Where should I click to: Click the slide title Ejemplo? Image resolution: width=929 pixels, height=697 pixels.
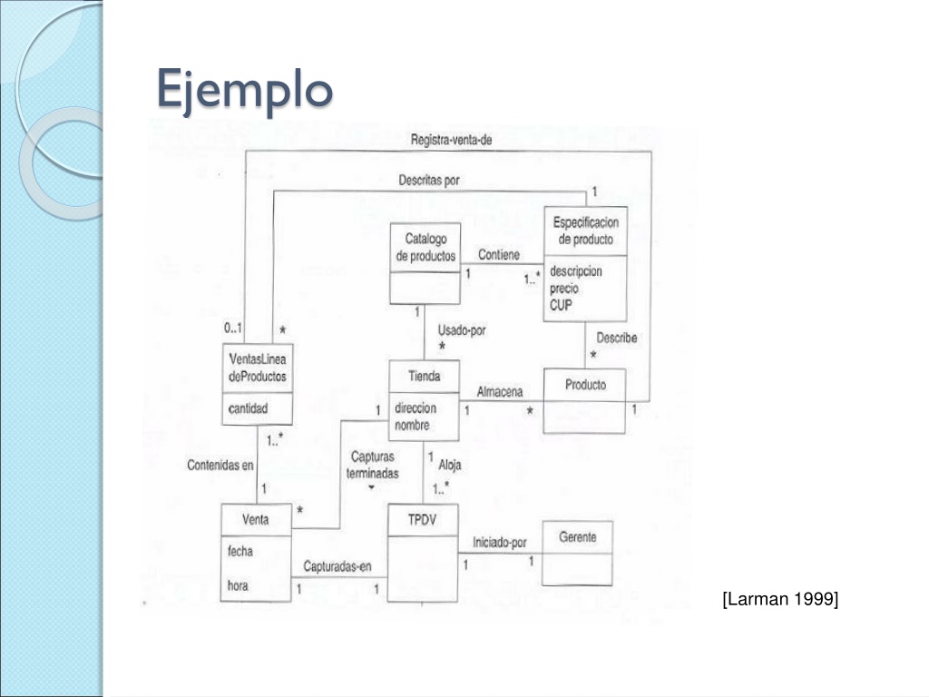coord(245,90)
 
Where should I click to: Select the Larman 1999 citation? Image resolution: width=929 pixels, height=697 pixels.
coord(780,599)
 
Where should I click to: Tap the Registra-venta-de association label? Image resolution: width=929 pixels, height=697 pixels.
coord(452,141)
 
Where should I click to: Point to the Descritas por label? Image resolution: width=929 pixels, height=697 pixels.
coord(429,180)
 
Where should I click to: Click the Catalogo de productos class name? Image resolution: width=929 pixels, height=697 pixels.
coord(425,247)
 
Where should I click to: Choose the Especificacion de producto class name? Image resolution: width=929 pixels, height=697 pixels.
coord(585,231)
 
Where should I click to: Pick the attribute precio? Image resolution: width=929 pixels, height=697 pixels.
coord(564,288)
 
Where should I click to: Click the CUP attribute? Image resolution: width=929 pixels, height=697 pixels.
coord(561,305)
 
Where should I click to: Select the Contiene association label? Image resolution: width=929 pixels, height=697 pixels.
coord(499,255)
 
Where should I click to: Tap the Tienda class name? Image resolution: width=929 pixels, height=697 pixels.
coord(425,376)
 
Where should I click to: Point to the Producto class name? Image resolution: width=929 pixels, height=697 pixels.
coord(585,385)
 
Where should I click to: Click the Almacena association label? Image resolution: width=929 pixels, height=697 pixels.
coord(500,392)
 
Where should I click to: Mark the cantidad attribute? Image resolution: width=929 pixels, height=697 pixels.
coord(249,408)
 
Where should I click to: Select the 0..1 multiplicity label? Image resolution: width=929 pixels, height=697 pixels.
coord(233,328)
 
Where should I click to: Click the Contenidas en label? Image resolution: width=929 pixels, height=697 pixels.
coord(220,466)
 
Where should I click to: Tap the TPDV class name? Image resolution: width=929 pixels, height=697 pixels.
coord(422,520)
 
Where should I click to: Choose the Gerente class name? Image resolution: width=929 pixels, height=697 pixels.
coord(578,537)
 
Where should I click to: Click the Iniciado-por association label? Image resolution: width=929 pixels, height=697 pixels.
coord(500,543)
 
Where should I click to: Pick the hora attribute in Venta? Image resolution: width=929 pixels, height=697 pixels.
coord(238,585)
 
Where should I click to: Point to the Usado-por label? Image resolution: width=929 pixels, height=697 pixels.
coord(462,330)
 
